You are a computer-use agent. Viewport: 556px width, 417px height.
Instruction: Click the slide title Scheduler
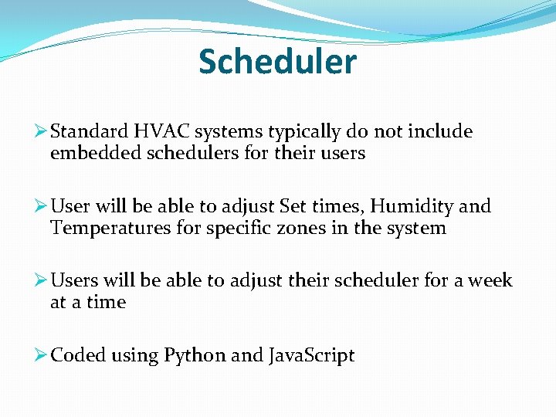coord(277,62)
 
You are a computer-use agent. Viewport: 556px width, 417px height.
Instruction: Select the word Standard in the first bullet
coord(85,132)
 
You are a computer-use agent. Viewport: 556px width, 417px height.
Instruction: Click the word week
coord(490,280)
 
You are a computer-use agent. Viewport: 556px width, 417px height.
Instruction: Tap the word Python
coord(195,355)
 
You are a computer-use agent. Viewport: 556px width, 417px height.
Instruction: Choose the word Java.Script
coord(311,355)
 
